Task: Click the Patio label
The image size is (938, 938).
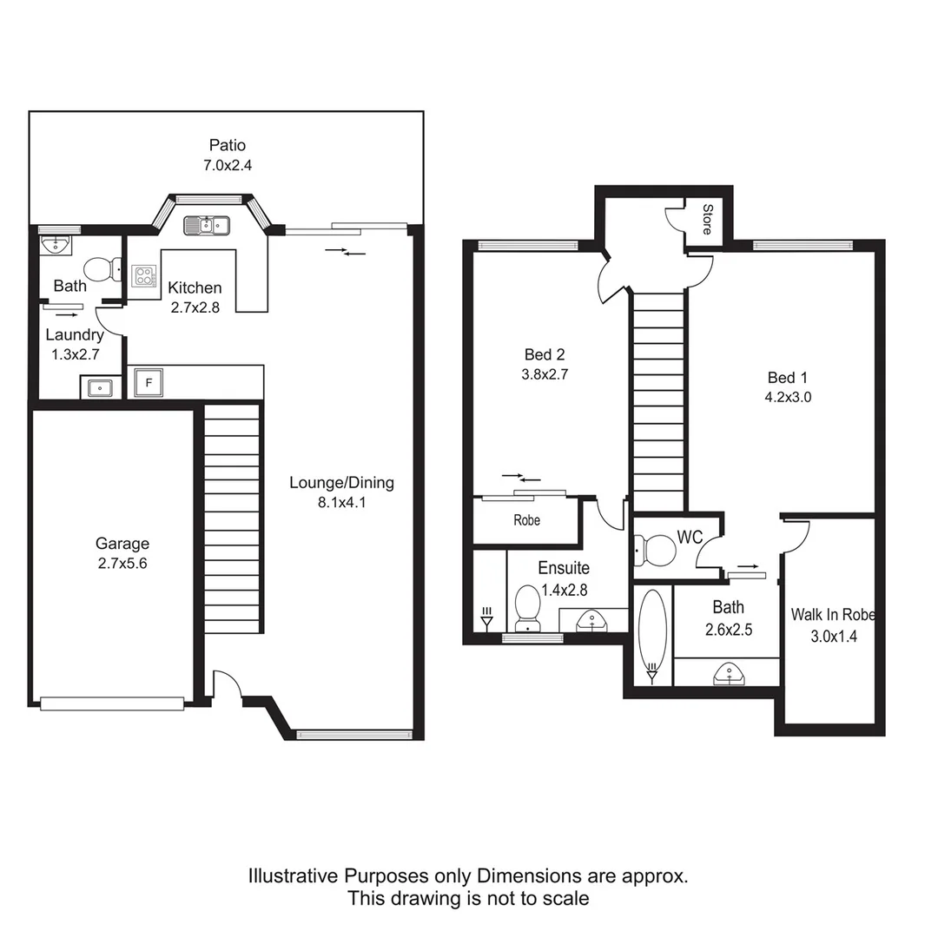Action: [x=227, y=145]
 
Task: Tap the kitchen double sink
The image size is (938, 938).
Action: [x=206, y=226]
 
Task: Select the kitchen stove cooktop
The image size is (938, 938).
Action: [x=143, y=276]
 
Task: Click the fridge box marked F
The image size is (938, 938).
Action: [x=149, y=382]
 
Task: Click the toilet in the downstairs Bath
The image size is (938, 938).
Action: [x=103, y=269]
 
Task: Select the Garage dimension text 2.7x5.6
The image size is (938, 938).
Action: [x=122, y=563]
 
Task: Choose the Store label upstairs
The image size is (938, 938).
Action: [x=707, y=219]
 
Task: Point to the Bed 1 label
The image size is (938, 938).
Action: [x=787, y=378]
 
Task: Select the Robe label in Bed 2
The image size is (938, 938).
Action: [x=526, y=520]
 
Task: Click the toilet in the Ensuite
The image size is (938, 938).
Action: [x=527, y=607]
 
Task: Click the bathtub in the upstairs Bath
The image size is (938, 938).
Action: [x=651, y=633]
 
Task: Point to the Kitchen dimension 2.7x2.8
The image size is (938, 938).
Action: [x=195, y=307]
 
